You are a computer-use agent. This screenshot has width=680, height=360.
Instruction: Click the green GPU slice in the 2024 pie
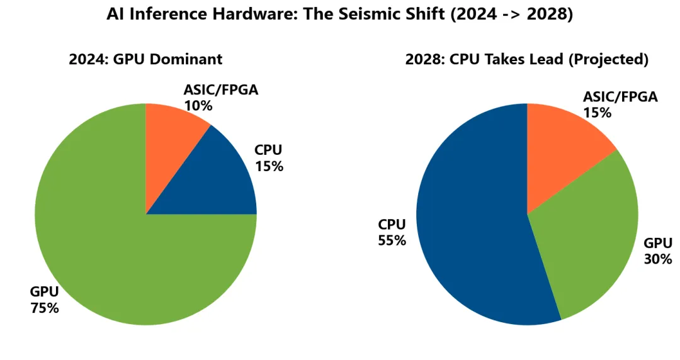pyautogui.click(x=108, y=252)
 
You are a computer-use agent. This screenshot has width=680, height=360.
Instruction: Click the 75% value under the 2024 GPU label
pyautogui.click(x=45, y=308)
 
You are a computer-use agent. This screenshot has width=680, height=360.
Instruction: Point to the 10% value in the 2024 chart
pyautogui.click(x=198, y=106)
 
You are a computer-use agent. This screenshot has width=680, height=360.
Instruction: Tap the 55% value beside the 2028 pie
pyautogui.click(x=392, y=240)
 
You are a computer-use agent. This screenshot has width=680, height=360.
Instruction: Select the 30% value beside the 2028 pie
pyautogui.click(x=658, y=259)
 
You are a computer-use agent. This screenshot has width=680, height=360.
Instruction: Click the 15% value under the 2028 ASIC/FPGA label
pyautogui.click(x=597, y=113)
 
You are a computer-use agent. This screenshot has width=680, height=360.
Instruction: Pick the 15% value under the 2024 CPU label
pyautogui.click(x=269, y=166)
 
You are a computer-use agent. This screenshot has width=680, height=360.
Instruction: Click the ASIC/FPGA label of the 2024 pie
pyautogui.click(x=221, y=90)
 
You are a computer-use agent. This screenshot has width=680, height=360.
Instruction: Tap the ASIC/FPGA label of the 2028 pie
pyautogui.click(x=620, y=97)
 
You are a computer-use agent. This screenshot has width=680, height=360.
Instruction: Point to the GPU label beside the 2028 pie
pyautogui.click(x=658, y=243)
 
